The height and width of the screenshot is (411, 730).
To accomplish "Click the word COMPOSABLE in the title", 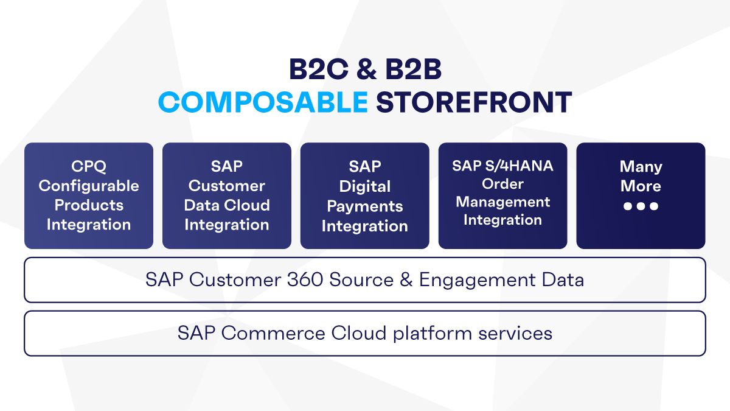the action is click(x=263, y=102).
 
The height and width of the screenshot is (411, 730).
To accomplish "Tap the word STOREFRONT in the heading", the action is click(x=474, y=102).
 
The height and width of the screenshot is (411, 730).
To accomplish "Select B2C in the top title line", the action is click(x=319, y=69).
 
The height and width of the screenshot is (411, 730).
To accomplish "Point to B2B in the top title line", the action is click(x=413, y=69).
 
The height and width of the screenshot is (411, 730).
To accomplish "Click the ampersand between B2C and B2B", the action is click(x=367, y=69).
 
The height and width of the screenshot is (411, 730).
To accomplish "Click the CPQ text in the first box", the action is click(x=89, y=166).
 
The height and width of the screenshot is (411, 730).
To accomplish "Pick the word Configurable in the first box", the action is click(x=89, y=186).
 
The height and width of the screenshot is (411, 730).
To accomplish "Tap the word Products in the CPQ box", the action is click(x=89, y=205).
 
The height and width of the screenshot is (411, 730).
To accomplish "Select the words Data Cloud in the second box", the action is click(x=227, y=205).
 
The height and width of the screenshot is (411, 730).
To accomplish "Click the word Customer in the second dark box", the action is click(x=227, y=186).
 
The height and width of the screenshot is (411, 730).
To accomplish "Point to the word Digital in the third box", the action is click(x=364, y=186).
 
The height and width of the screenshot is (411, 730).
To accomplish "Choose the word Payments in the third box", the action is click(x=364, y=206).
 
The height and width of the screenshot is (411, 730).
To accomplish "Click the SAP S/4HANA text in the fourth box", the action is click(x=502, y=166).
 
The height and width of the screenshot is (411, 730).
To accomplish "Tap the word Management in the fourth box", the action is click(x=503, y=202).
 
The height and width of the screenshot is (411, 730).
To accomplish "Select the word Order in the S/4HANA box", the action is click(x=503, y=184).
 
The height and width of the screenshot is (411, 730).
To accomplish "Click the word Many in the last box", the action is click(x=641, y=167).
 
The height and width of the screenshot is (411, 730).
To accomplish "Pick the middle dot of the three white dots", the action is click(x=641, y=206).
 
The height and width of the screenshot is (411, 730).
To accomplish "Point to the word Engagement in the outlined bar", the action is click(x=478, y=281).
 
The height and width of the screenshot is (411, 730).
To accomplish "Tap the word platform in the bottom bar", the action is click(x=433, y=334).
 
